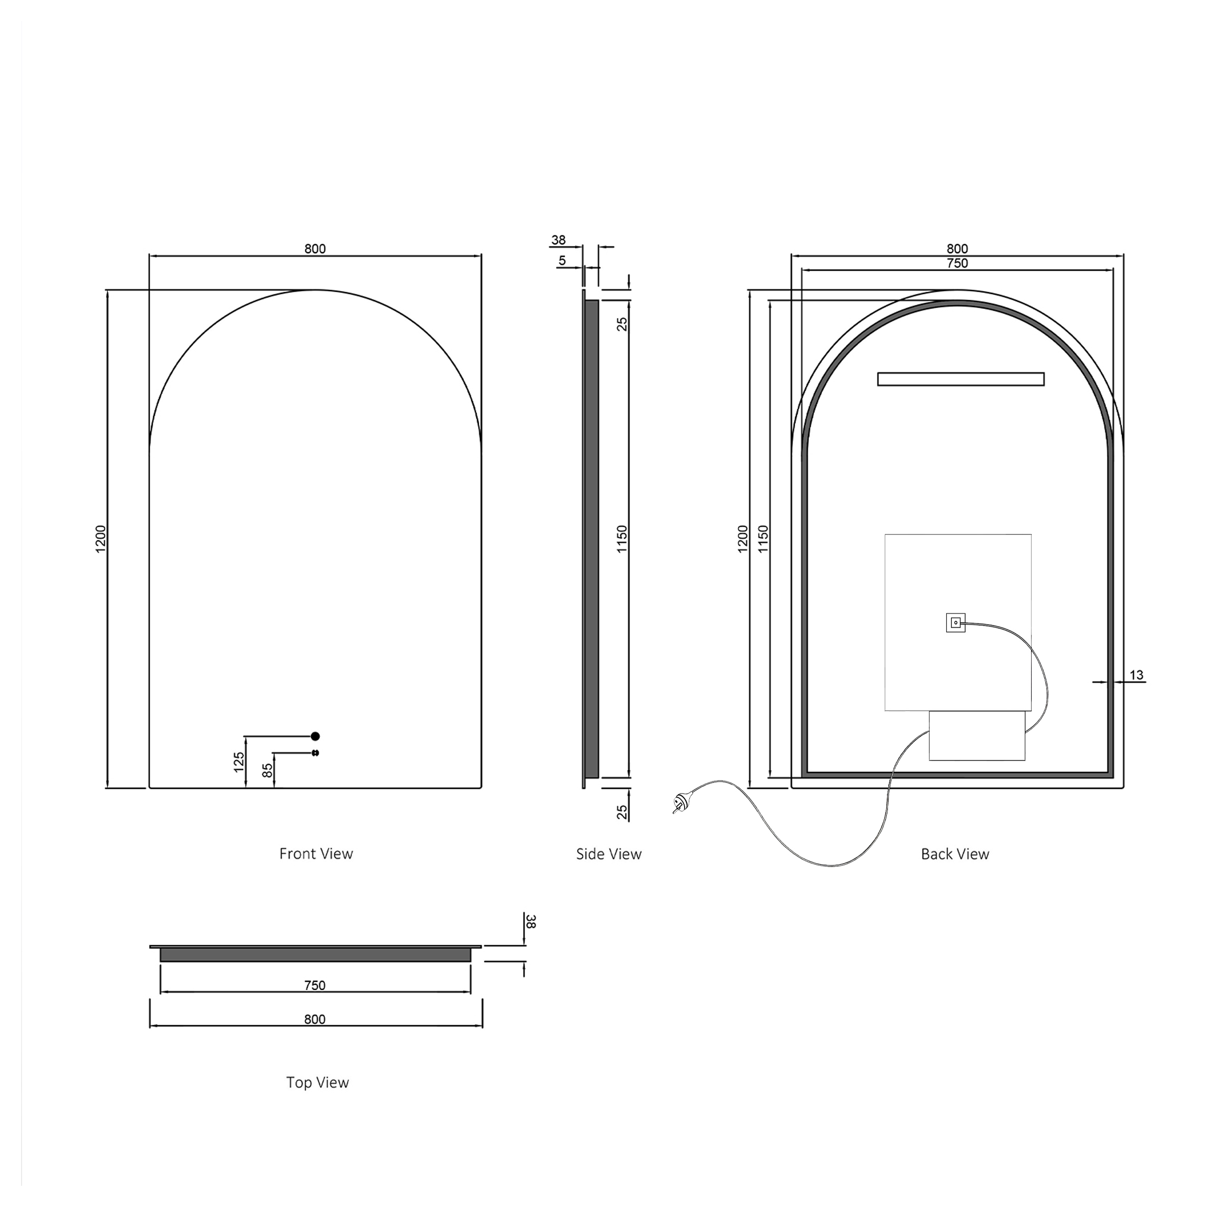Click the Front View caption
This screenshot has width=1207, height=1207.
tap(316, 854)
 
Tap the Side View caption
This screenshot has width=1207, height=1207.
tap(608, 854)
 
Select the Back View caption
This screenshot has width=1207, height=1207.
tap(955, 854)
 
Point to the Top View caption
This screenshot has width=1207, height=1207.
tap(318, 1083)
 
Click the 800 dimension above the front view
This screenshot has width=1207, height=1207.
tap(315, 249)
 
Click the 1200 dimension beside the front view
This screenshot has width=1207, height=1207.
tap(101, 539)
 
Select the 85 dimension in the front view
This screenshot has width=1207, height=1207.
tap(268, 770)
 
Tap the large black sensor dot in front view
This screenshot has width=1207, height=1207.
tap(315, 736)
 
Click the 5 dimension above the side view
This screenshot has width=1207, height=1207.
tap(562, 261)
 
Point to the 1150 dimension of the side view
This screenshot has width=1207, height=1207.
tap(621, 539)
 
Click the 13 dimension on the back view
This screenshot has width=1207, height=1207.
tap(1136, 675)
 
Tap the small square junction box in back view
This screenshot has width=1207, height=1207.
tap(955, 622)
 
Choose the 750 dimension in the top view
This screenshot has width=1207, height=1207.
tap(315, 985)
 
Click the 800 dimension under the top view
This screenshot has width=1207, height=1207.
tap(315, 1019)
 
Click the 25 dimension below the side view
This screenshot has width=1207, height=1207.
tap(621, 812)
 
